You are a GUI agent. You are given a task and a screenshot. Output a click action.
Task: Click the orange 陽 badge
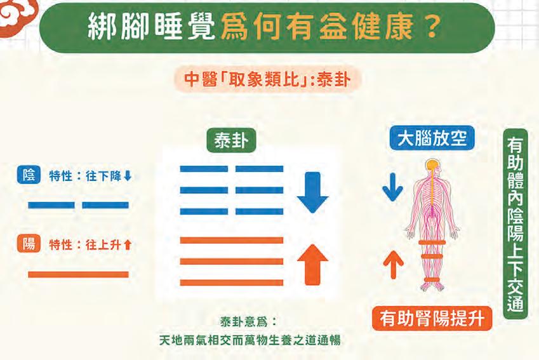point(29,244)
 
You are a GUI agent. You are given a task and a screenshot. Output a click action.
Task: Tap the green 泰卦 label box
point(231,141)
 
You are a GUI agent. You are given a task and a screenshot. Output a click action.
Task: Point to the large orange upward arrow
point(312,263)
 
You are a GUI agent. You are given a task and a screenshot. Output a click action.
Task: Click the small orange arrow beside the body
point(393,264)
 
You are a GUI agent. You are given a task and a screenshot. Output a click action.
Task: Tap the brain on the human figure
point(432,166)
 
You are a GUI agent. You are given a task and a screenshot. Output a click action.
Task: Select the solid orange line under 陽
point(78,275)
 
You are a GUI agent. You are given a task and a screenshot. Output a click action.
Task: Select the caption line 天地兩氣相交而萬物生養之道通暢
point(250,340)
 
